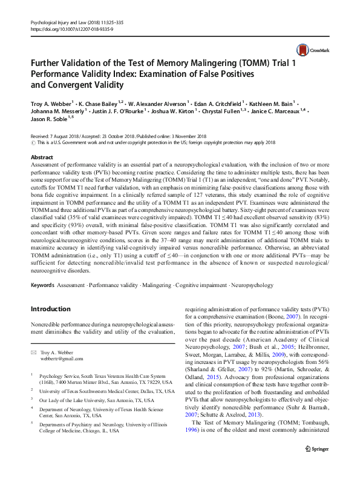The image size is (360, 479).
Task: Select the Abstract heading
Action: pyautogui.click(x=42, y=157)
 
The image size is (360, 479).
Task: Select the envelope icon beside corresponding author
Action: pyautogui.click(x=34, y=352)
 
